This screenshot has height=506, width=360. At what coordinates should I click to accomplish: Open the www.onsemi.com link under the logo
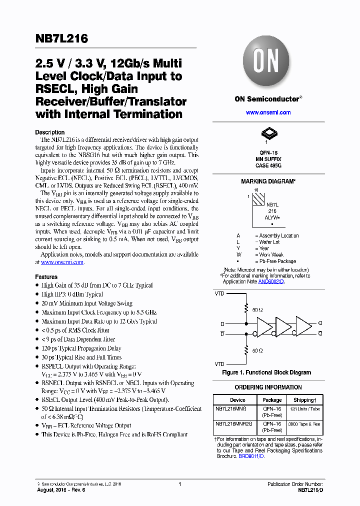268,112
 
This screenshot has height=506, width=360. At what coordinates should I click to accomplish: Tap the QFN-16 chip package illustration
268,133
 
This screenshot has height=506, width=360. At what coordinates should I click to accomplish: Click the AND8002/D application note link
271,281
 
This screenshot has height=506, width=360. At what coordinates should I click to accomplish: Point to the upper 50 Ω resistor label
258,310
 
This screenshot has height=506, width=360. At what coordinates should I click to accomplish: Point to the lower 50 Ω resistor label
258,350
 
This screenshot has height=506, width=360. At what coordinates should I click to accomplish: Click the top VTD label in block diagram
219,293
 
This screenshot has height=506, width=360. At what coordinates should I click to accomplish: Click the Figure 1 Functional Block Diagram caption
266,372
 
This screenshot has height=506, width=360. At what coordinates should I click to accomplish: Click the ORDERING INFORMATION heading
268,387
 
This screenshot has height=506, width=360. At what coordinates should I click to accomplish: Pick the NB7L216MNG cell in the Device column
234,408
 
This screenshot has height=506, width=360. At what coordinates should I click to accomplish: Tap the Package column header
272,400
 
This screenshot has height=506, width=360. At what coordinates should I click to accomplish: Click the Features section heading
46,276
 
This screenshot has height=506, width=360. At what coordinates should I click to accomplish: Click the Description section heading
50,132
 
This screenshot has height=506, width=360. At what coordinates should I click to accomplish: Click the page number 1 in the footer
179,484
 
